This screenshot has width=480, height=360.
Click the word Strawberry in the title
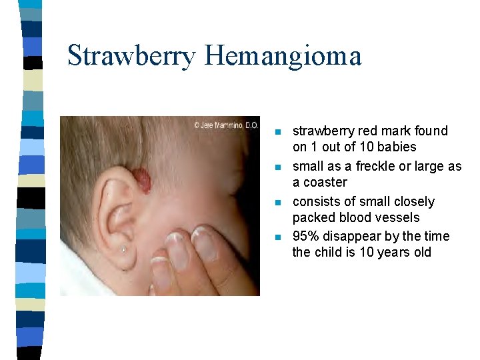[131, 56]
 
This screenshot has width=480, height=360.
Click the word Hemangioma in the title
[283, 56]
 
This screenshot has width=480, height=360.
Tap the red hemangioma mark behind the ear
[141, 179]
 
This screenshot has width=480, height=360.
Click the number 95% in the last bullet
[305, 237]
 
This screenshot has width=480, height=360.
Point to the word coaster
[325, 182]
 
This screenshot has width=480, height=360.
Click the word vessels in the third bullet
[397, 217]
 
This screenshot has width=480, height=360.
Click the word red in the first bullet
[369, 131]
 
